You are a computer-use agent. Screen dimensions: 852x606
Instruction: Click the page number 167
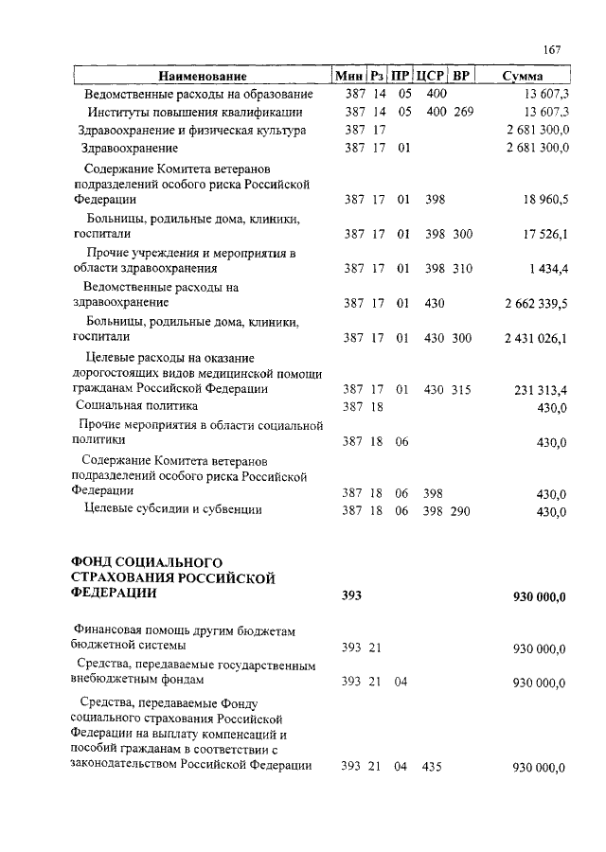pyautogui.click(x=554, y=50)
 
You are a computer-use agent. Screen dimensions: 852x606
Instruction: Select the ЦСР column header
pyautogui.click(x=431, y=76)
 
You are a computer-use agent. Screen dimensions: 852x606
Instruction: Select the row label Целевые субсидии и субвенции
pyautogui.click(x=172, y=510)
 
